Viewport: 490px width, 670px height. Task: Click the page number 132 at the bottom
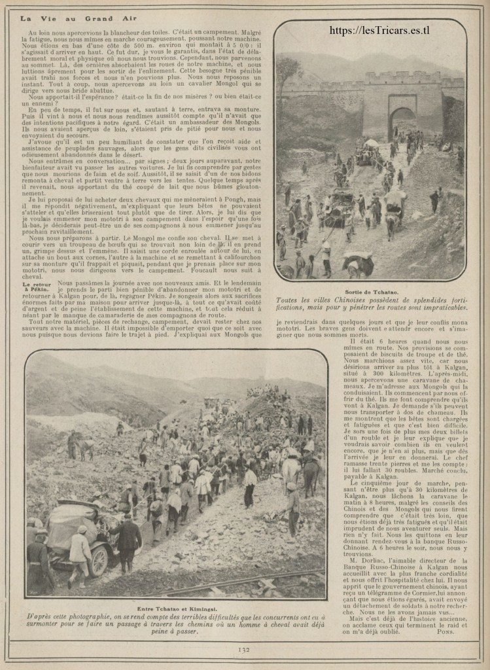(x=245, y=650)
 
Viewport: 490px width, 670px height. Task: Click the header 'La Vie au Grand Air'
(x=79, y=18)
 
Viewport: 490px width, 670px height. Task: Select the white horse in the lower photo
(x=290, y=468)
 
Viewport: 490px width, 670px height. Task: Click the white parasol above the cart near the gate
(x=371, y=143)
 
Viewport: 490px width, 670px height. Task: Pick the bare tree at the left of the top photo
(x=287, y=72)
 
